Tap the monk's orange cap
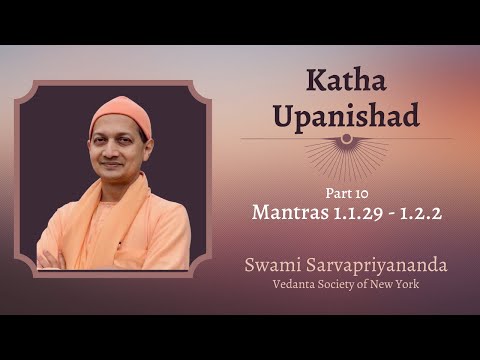point(119,113)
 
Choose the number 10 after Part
point(356,192)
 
